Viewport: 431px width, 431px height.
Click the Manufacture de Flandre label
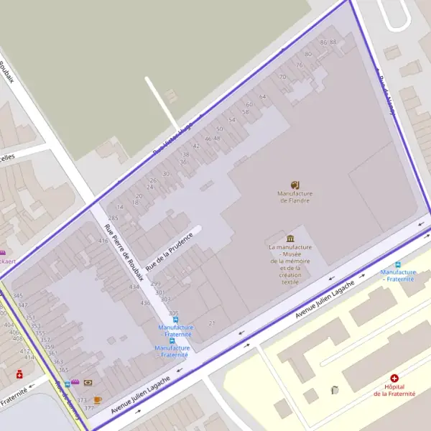(x=295, y=197)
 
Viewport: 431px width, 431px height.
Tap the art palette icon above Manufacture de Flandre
(x=295, y=185)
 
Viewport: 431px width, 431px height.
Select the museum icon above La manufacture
(x=290, y=238)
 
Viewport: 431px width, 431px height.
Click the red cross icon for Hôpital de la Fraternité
(x=394, y=378)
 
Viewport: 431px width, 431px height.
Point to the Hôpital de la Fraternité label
(x=394, y=390)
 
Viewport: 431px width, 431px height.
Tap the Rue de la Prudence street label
(x=170, y=251)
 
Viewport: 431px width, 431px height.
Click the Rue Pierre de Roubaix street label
(x=119, y=251)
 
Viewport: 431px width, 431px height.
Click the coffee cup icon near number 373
(x=98, y=399)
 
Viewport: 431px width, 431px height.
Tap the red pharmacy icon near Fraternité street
(x=19, y=374)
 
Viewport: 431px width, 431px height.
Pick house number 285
(x=113, y=218)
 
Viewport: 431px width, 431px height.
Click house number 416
(x=103, y=241)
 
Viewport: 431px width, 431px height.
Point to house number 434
(x=134, y=287)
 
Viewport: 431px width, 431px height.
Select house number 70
(x=282, y=76)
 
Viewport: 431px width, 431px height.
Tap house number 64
(x=263, y=96)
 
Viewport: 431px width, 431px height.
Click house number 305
(x=173, y=313)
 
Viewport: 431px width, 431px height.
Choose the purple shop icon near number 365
(x=74, y=383)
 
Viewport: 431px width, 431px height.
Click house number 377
(x=89, y=408)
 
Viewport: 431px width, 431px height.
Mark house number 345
(x=18, y=295)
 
